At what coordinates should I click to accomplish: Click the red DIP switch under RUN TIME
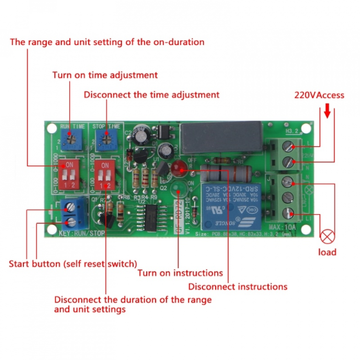tap(70, 172)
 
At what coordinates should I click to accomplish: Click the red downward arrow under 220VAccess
tap(327, 112)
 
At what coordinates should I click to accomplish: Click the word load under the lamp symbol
tap(327, 252)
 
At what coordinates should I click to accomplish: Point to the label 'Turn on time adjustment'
tap(105, 75)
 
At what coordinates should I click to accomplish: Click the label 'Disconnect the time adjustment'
tap(151, 95)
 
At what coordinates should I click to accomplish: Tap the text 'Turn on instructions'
tap(180, 273)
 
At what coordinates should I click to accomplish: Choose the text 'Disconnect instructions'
tap(238, 286)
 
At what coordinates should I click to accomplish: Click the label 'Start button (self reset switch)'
tap(73, 264)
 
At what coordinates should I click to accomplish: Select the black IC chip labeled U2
tap(151, 217)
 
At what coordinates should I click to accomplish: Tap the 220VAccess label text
tap(319, 95)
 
